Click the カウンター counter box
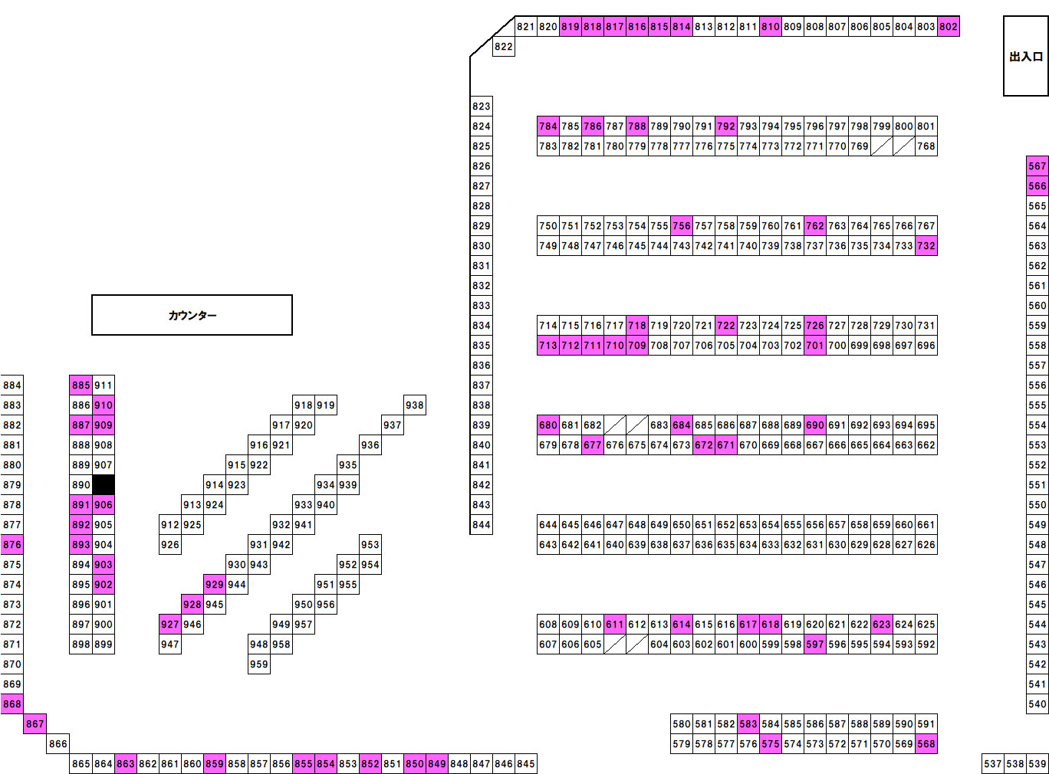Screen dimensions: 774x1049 pyautogui.click(x=192, y=315)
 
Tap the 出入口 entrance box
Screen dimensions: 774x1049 pyautogui.click(x=1025, y=56)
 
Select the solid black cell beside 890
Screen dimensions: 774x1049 pyautogui.click(x=104, y=485)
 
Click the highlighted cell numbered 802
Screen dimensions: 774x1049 pyautogui.click(x=949, y=27)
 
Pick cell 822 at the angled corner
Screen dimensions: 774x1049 pyautogui.click(x=503, y=47)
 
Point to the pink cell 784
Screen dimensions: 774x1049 pyautogui.click(x=548, y=126)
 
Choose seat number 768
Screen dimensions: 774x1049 pyautogui.click(x=926, y=146)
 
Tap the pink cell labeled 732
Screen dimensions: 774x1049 pyautogui.click(x=926, y=246)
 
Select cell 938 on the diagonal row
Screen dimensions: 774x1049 pyautogui.click(x=415, y=405)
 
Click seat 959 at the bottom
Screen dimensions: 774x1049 pyautogui.click(x=259, y=664)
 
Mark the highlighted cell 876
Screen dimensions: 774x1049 pyautogui.click(x=12, y=545)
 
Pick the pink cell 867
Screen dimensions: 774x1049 pyautogui.click(x=35, y=724)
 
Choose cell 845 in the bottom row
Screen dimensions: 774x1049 pyautogui.click(x=526, y=764)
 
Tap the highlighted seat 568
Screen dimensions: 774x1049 pyautogui.click(x=926, y=744)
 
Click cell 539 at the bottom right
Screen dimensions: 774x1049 pyautogui.click(x=1037, y=764)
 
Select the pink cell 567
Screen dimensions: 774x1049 pyautogui.click(x=1037, y=166)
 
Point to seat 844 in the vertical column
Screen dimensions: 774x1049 pyautogui.click(x=482, y=525)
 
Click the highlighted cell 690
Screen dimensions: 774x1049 pyautogui.click(x=815, y=425)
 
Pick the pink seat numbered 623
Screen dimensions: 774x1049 pyautogui.click(x=882, y=625)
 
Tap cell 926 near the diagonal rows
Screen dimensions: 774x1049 pyautogui.click(x=170, y=545)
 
